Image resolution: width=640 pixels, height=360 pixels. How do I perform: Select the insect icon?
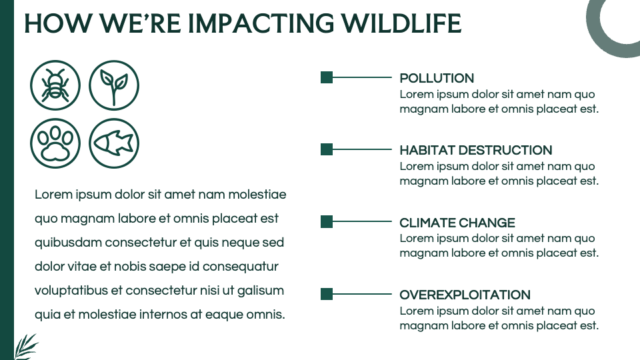[55, 85]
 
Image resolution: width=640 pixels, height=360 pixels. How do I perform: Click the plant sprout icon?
[114, 85]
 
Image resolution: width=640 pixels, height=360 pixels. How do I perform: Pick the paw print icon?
[55, 143]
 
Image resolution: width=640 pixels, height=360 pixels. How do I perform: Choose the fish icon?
[114, 143]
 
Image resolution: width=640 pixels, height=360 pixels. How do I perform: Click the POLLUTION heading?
[437, 78]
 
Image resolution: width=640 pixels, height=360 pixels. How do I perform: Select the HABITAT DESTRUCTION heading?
[475, 150]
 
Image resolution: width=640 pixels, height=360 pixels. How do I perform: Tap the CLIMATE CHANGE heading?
[457, 223]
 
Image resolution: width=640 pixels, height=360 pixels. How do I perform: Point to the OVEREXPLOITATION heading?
[465, 295]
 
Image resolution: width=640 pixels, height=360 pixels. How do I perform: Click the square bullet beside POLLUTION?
[327, 77]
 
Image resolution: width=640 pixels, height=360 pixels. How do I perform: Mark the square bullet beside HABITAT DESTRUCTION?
[327, 149]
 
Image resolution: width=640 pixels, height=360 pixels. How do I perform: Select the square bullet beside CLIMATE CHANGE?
[327, 222]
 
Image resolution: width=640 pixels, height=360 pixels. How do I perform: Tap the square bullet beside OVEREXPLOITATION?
[327, 294]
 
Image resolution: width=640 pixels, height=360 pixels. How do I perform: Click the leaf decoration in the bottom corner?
[25, 347]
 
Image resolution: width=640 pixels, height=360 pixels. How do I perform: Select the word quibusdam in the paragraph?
[68, 243]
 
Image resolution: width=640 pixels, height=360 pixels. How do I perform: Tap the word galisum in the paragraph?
[261, 291]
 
